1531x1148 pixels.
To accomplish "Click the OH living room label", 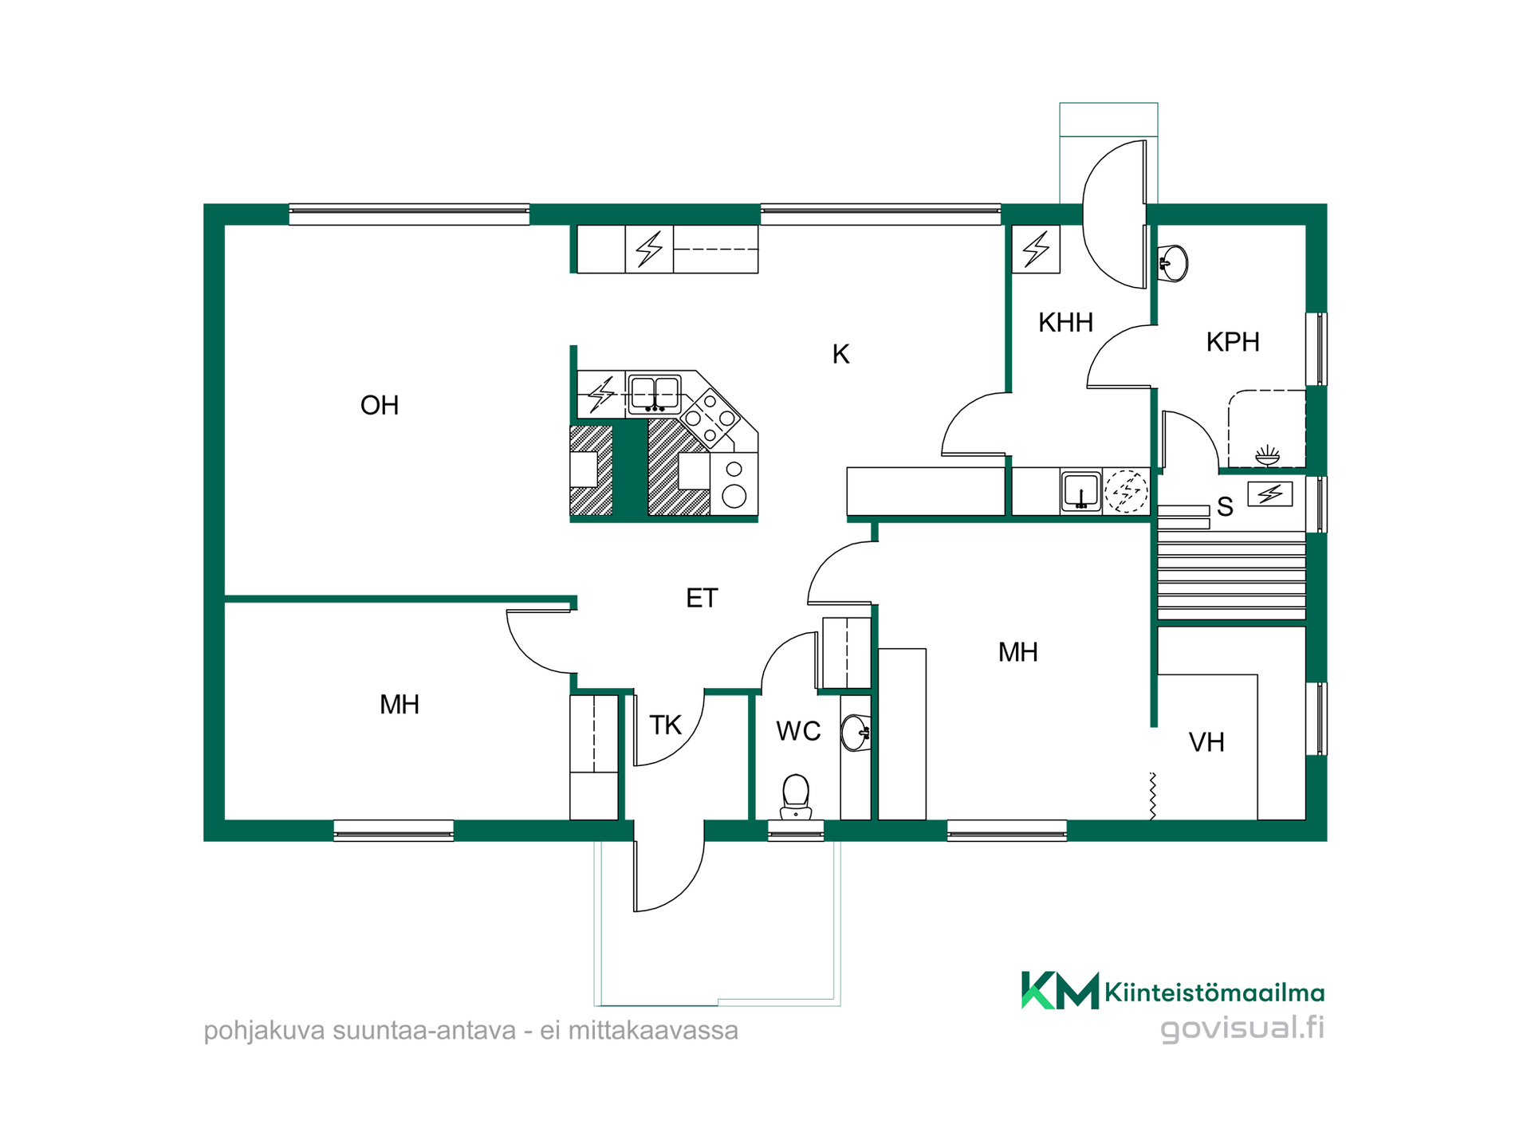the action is (x=380, y=405).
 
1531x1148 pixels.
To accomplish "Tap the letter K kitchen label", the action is (x=840, y=354).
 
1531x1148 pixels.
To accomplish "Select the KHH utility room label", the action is (x=1065, y=322).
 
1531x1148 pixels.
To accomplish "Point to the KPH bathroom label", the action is (x=1233, y=341).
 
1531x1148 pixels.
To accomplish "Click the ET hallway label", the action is (x=702, y=598).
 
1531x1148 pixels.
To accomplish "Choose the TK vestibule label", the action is (x=665, y=725).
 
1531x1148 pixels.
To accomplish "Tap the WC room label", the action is (x=798, y=731).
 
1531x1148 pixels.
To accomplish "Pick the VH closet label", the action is (x=1206, y=742).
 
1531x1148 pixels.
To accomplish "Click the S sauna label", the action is (x=1225, y=507).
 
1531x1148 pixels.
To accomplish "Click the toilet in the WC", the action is (x=796, y=797).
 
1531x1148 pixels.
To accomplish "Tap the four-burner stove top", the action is (x=710, y=416).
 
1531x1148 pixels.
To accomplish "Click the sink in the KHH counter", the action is (x=1080, y=491).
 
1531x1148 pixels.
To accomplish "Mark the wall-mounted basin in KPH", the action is (x=1173, y=262).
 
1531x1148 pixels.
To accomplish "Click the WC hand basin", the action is (x=856, y=733).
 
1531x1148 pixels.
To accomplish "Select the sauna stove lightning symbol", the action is (x=1269, y=494).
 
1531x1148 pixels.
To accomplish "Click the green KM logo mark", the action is (x=1060, y=990).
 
